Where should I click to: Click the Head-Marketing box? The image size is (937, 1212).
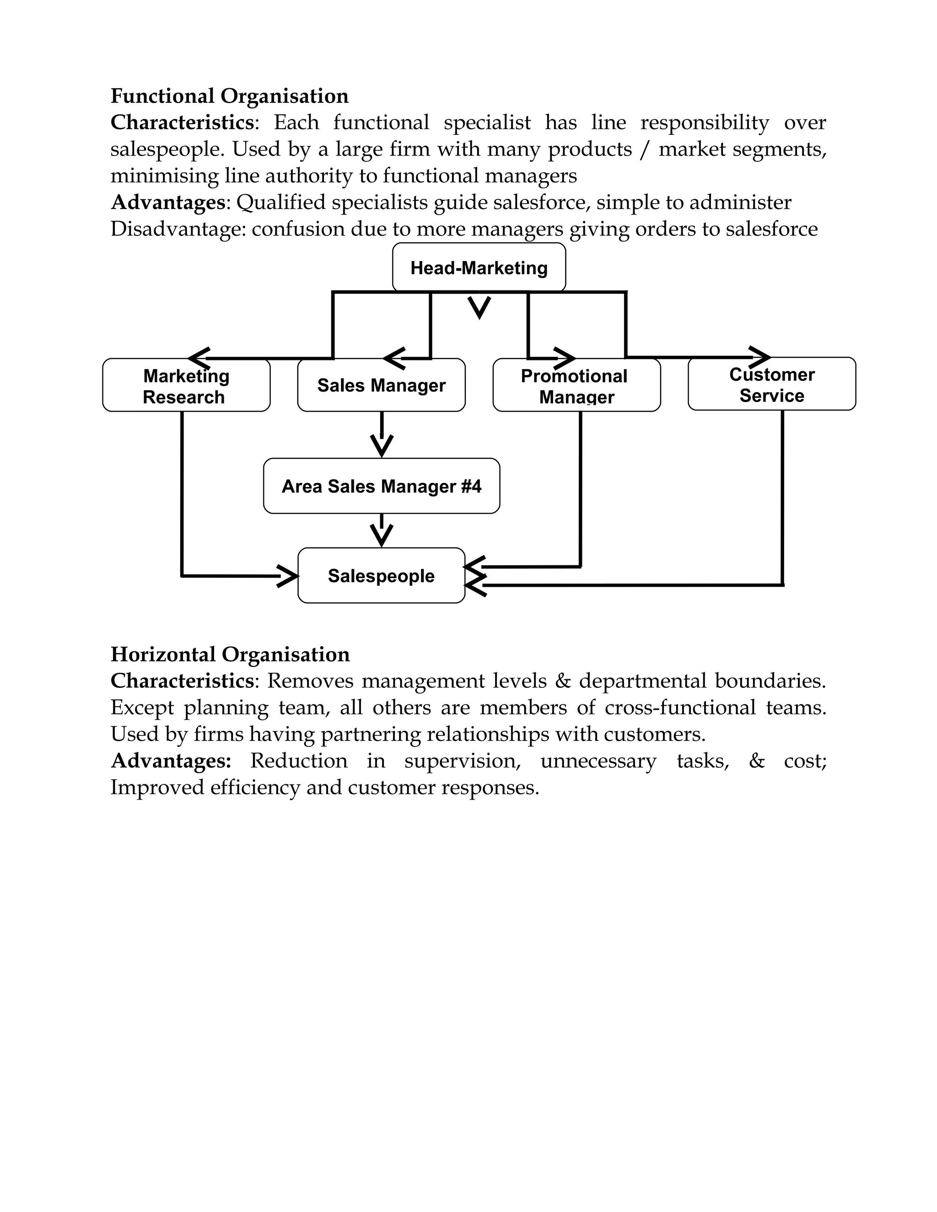[x=479, y=268]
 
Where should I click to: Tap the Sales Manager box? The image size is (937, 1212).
[x=382, y=385]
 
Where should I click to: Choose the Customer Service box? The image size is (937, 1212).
[x=771, y=385]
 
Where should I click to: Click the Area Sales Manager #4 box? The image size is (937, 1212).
[x=382, y=486]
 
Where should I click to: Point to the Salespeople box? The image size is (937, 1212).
[x=382, y=575]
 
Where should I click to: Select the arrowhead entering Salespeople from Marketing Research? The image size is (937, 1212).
[x=287, y=576]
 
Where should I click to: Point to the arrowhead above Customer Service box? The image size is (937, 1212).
[x=759, y=356]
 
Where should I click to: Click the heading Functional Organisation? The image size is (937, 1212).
[x=229, y=96]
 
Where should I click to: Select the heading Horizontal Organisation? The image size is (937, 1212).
[x=230, y=654]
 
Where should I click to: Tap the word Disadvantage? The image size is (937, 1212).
[x=177, y=229]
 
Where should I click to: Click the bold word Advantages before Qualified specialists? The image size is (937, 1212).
[x=167, y=202]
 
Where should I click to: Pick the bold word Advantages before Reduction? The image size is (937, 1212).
[x=170, y=760]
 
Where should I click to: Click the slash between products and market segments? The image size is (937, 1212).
[x=645, y=149]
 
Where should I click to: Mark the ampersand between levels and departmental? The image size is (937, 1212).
[x=562, y=681]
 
